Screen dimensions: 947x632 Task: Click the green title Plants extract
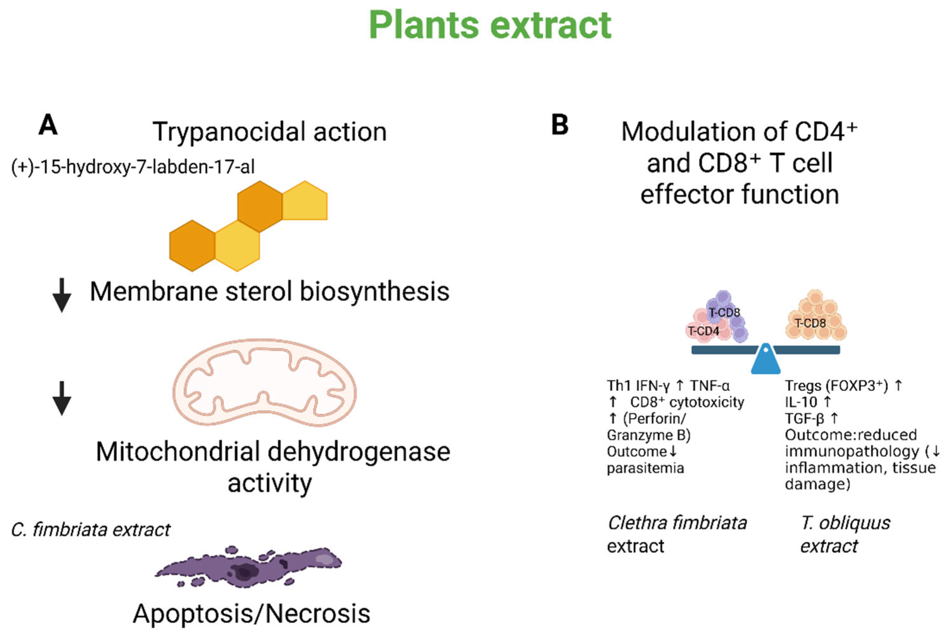click(x=490, y=25)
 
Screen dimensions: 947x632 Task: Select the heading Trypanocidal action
click(x=270, y=132)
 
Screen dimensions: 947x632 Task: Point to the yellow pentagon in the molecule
click(x=305, y=200)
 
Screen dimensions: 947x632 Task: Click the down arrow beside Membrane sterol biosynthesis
click(x=62, y=295)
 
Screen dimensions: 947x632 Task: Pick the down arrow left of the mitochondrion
click(x=62, y=398)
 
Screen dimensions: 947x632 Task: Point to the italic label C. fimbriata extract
click(x=91, y=530)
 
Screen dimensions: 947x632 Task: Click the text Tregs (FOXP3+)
click(x=836, y=386)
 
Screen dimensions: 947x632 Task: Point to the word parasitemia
click(x=645, y=468)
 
